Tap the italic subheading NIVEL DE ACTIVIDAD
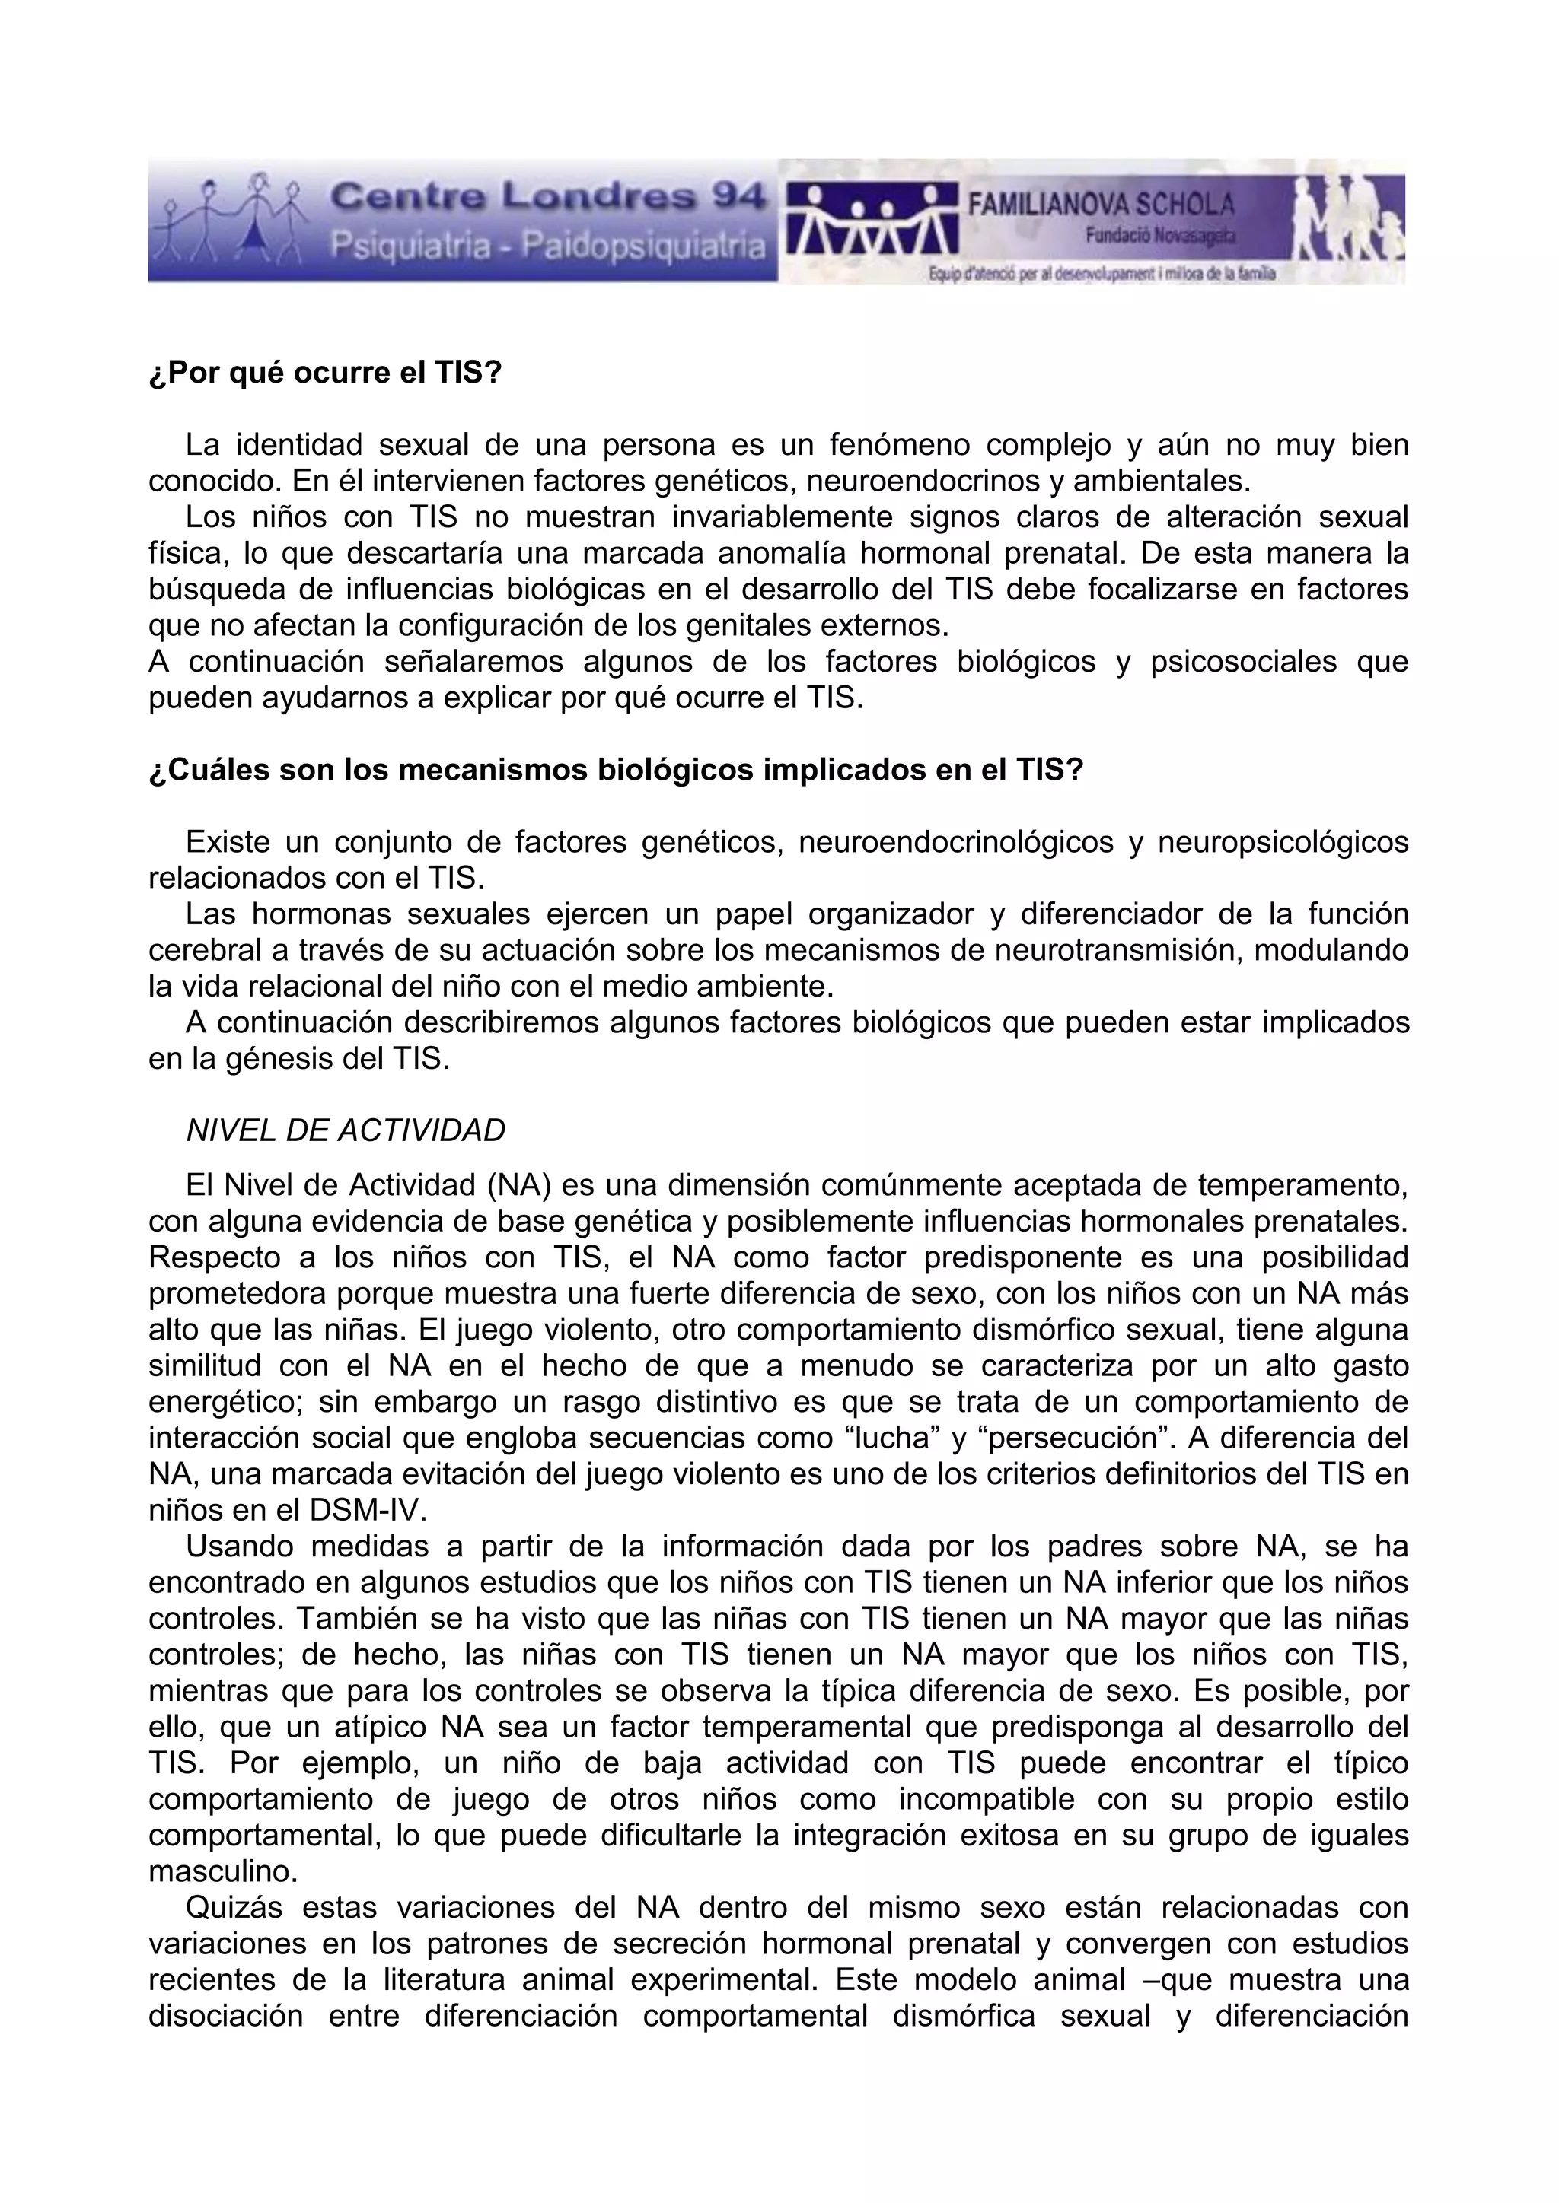[x=346, y=1131]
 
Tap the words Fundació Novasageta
[x=1161, y=235]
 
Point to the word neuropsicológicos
[x=1283, y=842]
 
